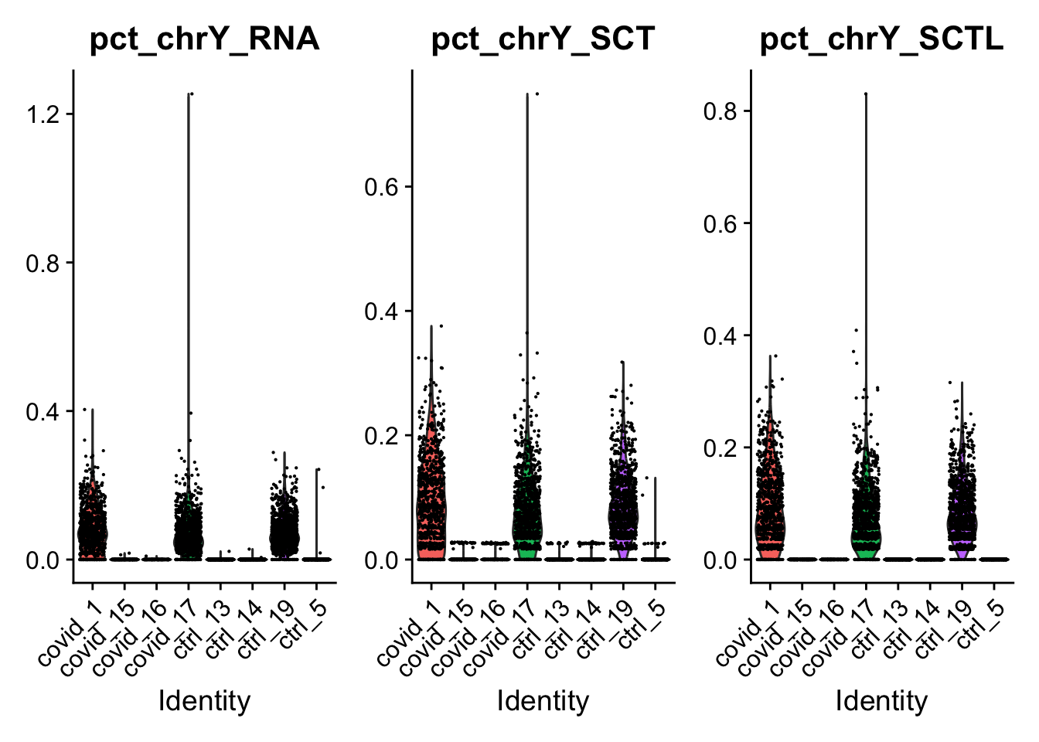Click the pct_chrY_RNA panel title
tap(204, 39)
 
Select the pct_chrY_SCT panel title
tap(543, 39)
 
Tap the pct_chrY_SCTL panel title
tap(881, 39)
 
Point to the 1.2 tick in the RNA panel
tap(44, 114)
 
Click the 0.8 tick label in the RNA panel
tap(44, 264)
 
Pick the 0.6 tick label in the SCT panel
tap(383, 187)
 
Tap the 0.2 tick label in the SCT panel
tap(383, 436)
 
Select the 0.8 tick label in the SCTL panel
tap(721, 111)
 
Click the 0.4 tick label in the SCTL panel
tap(721, 336)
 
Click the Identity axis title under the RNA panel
tap(204, 701)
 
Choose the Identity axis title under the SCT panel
tap(543, 701)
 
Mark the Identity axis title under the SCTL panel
tap(881, 701)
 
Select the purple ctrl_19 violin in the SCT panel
tap(622, 514)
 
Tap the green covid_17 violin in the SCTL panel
tap(866, 533)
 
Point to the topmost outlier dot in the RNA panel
tap(192, 94)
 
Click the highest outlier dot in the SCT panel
tap(537, 94)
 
